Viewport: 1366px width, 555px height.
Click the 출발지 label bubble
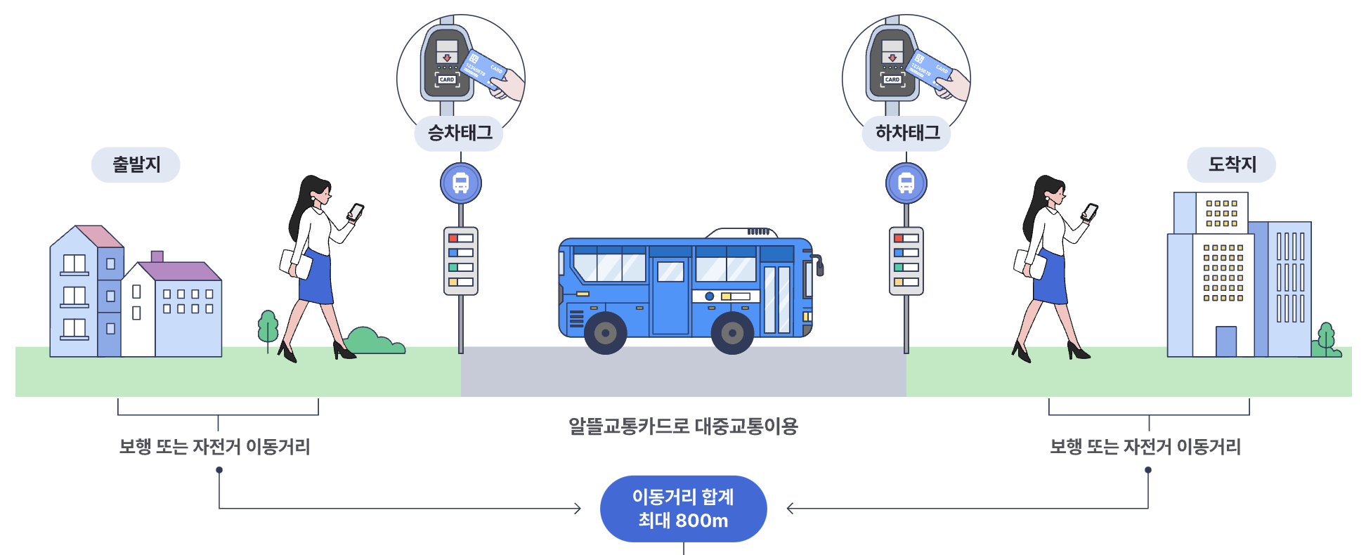point(136,165)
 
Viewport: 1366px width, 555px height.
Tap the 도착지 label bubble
point(1231,165)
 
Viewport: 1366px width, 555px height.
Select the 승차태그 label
point(460,133)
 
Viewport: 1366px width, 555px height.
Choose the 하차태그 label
point(906,133)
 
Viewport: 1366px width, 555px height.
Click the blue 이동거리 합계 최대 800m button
point(683,509)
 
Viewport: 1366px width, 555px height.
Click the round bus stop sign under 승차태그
point(461,183)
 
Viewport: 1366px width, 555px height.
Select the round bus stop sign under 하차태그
point(906,183)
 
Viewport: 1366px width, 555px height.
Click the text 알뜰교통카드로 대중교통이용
point(683,426)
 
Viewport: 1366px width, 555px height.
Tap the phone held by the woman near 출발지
point(356,211)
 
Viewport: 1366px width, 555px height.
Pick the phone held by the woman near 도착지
point(1090,211)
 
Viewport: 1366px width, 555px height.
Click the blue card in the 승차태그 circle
point(484,70)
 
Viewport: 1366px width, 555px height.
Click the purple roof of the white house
point(180,271)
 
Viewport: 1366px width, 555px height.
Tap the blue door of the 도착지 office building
point(1226,341)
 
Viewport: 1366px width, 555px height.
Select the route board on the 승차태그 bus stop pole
point(461,261)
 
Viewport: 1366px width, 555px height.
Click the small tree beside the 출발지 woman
point(268,327)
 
